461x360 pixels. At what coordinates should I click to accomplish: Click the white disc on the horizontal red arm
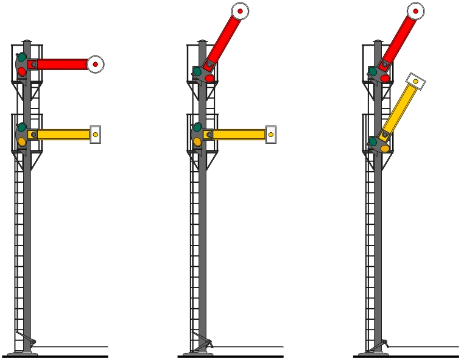point(96,64)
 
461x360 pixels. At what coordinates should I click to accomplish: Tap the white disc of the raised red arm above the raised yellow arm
point(415,11)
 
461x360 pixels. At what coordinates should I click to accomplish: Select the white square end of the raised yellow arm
point(415,81)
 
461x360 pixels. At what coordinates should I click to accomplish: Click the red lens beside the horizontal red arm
point(22,71)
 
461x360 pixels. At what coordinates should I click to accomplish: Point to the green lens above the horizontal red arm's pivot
point(22,57)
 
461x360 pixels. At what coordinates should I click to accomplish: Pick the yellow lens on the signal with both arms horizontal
point(22,141)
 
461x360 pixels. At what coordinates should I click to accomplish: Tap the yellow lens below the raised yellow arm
point(385,148)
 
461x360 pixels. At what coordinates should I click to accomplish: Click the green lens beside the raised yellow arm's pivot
point(373,141)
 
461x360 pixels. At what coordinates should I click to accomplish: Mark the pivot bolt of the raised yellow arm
point(385,135)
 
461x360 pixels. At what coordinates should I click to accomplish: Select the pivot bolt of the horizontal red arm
point(34,64)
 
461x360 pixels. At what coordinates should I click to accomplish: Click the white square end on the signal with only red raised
point(271,135)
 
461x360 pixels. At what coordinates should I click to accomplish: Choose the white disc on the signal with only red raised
point(240,11)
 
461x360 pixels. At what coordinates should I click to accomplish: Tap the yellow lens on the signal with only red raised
point(197,141)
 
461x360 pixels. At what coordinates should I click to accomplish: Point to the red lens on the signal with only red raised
point(209,78)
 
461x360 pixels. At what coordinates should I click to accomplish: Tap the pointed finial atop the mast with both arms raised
point(378,41)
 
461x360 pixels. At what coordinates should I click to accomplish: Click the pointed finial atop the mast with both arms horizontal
point(27,41)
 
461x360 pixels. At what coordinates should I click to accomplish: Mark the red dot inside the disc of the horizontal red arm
point(96,64)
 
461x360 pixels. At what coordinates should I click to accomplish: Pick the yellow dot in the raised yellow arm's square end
point(415,81)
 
